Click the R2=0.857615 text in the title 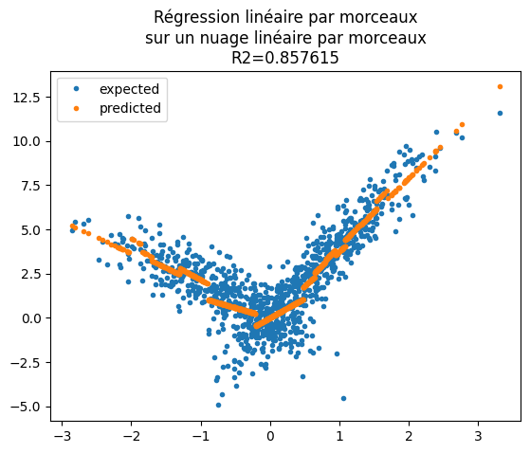point(284,57)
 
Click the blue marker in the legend point(78,88)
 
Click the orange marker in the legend point(78,108)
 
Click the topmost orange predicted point point(500,86)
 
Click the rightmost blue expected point point(500,113)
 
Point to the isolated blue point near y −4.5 point(343,398)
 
